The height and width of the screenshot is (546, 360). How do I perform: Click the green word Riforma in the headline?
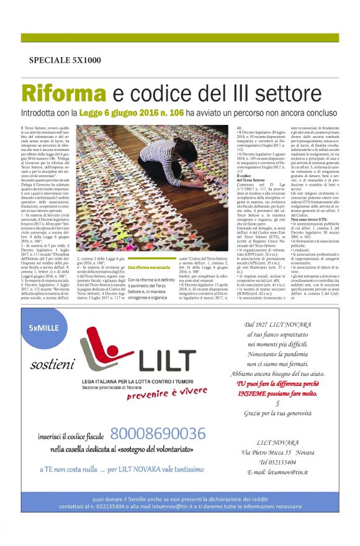click(x=55, y=94)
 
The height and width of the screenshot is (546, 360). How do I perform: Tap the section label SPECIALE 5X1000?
click(x=65, y=60)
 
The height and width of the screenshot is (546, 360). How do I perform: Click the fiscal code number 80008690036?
click(x=157, y=434)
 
